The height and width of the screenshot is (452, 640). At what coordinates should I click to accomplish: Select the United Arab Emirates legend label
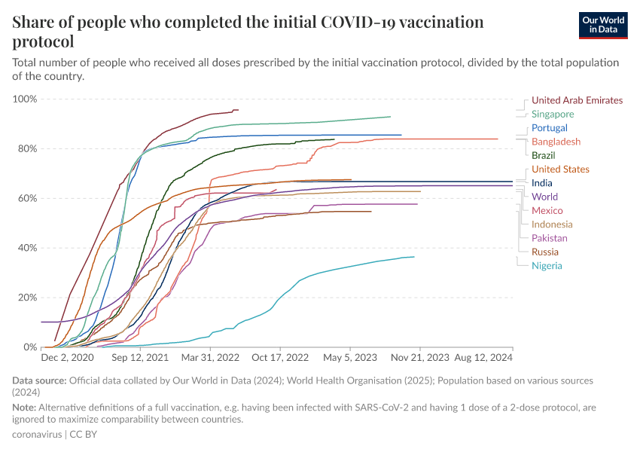click(x=577, y=100)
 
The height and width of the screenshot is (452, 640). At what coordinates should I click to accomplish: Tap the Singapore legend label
click(x=553, y=115)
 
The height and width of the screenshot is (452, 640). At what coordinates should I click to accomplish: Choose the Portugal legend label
click(x=550, y=128)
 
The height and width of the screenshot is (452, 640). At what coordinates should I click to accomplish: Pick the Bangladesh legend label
click(x=556, y=142)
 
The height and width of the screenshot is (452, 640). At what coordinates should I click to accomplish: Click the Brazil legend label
click(x=544, y=155)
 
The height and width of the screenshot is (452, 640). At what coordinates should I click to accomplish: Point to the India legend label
click(x=541, y=183)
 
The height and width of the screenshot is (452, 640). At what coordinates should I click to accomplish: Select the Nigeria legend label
click(x=547, y=265)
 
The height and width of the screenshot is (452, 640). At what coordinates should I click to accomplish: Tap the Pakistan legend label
click(x=550, y=238)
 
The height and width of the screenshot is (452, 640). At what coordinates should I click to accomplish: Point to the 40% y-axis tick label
click(x=27, y=248)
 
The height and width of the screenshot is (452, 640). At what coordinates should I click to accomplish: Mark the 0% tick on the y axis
click(x=30, y=347)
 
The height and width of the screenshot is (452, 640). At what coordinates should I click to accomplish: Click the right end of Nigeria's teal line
click(x=414, y=257)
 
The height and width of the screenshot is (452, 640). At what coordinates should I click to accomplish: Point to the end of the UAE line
click(x=238, y=110)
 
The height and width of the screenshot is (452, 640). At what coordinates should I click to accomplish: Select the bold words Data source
click(x=39, y=380)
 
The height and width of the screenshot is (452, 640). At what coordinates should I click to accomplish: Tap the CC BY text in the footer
click(x=84, y=435)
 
